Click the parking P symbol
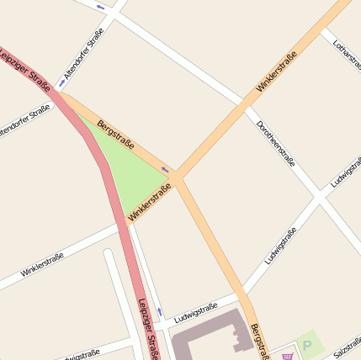(308, 344)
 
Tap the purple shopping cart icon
(289, 356)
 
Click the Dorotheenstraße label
(275, 144)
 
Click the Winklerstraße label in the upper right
(277, 71)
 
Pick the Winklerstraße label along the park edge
(150, 203)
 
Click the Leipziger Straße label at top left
(25, 65)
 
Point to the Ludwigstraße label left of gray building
(195, 313)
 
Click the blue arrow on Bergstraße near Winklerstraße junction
(165, 171)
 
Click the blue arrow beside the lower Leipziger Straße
(160, 312)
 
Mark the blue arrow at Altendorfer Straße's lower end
(62, 83)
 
